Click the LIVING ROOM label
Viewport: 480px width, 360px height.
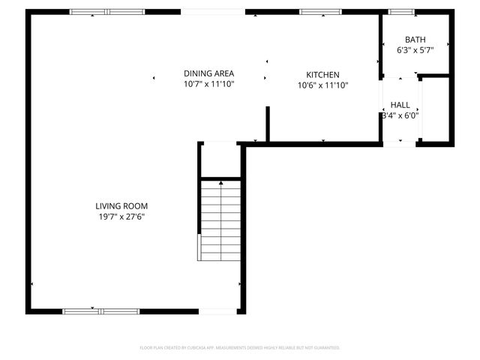121,206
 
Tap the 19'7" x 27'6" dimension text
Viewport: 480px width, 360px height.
121,217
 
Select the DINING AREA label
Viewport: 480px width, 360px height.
209,73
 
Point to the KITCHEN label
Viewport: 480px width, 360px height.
322,75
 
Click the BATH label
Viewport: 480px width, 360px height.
415,40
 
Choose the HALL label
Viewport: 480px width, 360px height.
400,105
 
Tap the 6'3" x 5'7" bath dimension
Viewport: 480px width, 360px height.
415,50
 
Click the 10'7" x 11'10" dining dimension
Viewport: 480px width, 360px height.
209,84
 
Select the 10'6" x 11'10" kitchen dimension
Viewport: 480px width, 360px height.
322,85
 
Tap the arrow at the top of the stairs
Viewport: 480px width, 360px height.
220,182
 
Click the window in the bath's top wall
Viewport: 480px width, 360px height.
401,11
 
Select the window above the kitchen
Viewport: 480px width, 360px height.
310,11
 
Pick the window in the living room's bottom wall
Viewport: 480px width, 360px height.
100,311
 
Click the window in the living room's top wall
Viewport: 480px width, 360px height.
106,11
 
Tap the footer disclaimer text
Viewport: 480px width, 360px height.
240,347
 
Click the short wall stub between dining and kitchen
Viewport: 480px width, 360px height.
267,123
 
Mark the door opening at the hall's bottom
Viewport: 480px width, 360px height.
400,143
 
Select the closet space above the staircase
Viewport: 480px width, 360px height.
220,160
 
